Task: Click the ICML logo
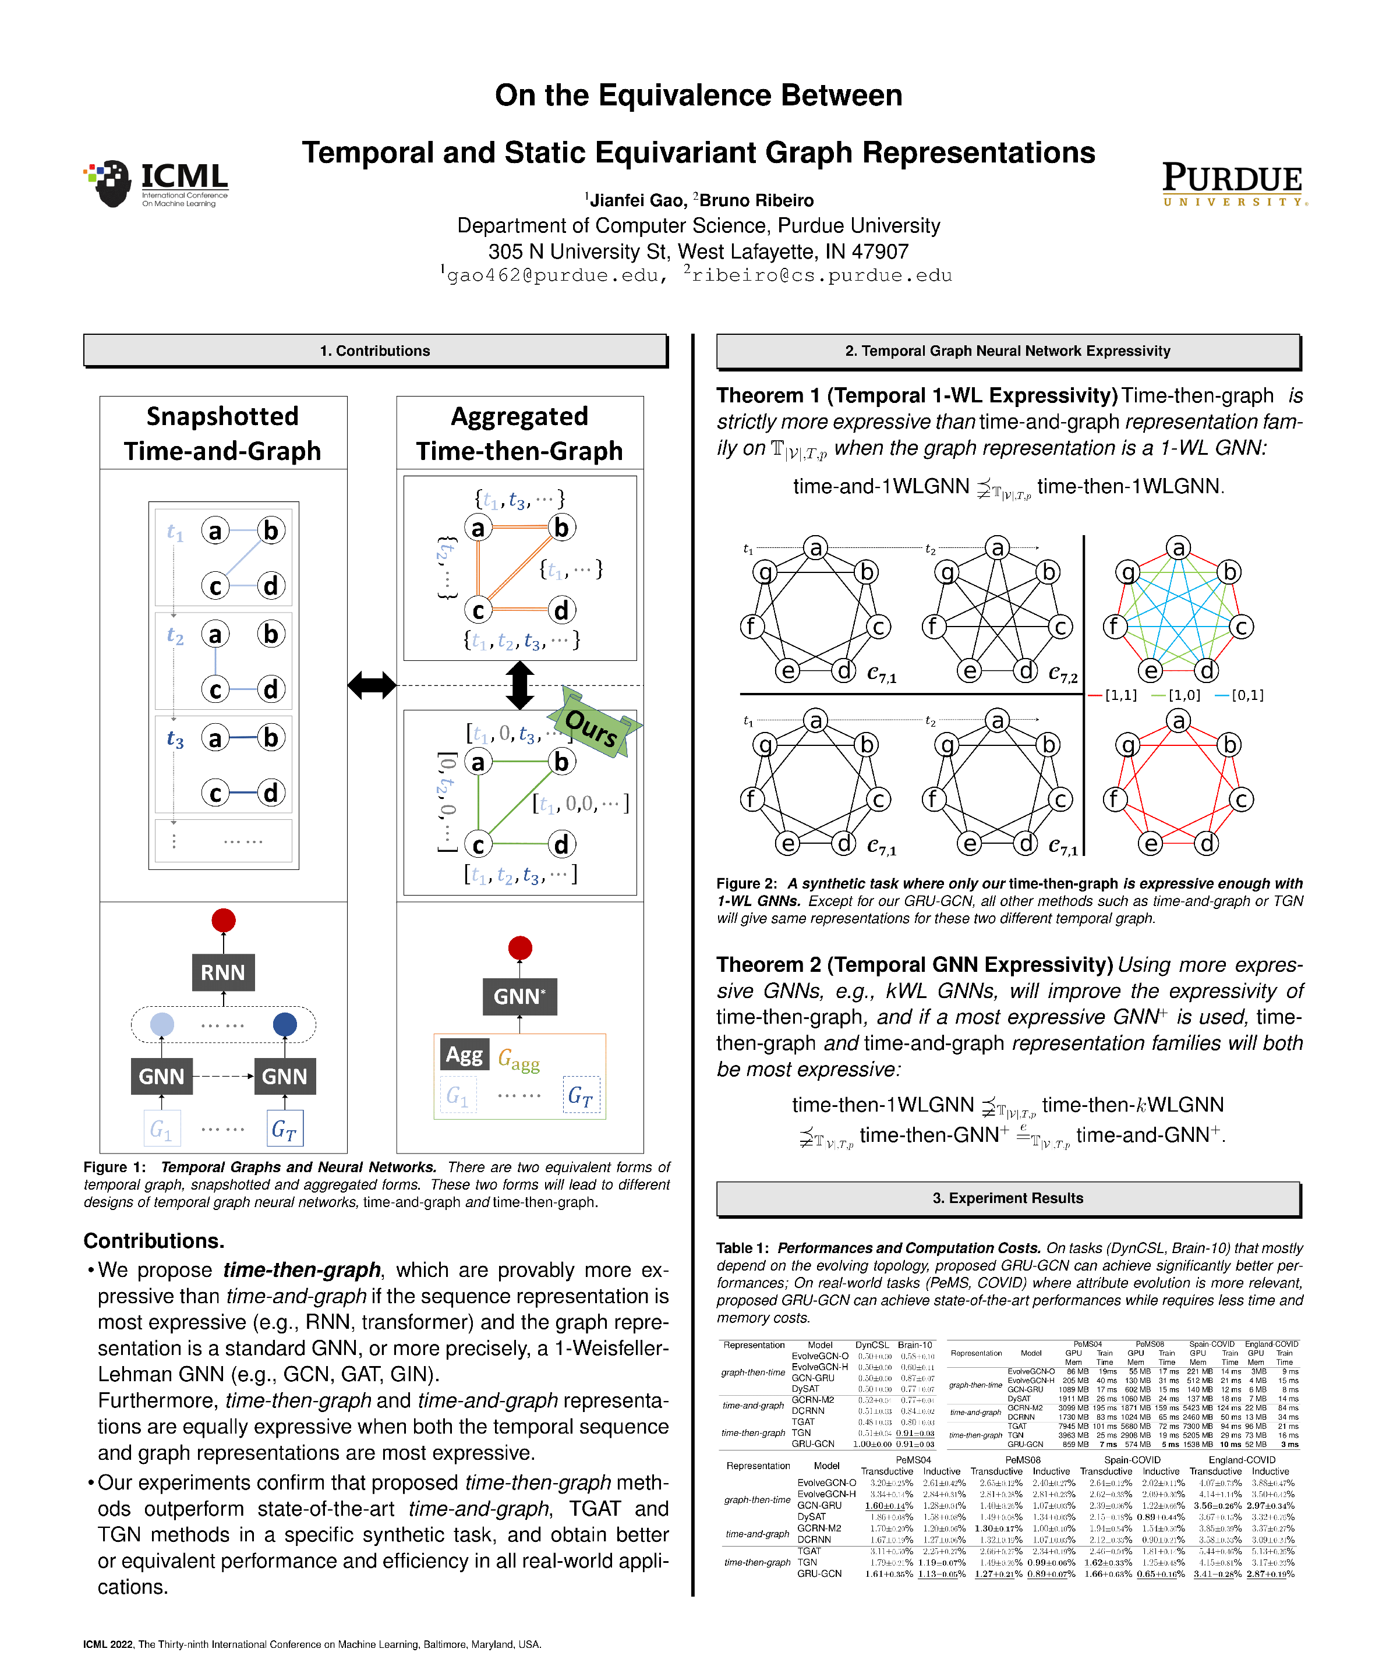155,183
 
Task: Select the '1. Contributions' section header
374,351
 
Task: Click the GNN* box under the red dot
519,996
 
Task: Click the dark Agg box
464,1055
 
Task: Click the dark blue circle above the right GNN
284,1024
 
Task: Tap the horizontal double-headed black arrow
372,685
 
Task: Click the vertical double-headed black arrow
519,685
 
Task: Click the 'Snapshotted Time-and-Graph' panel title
222,433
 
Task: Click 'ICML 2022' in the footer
108,1644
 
